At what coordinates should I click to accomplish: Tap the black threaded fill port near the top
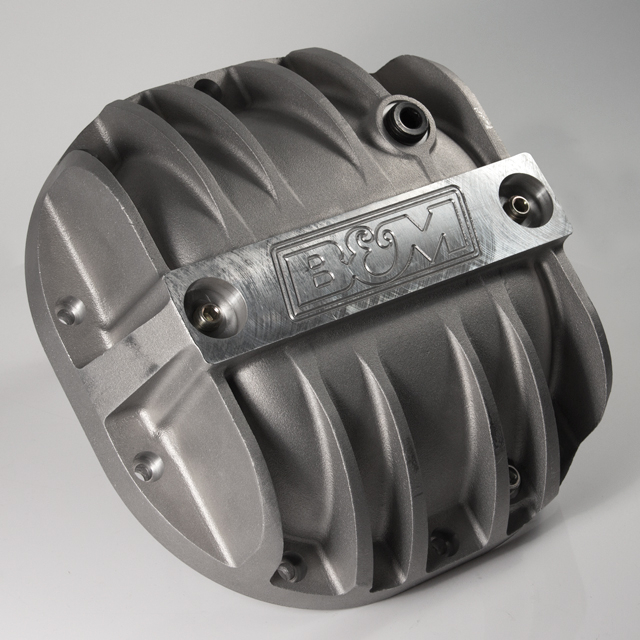click(x=407, y=118)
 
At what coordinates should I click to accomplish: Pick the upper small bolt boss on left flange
click(x=69, y=311)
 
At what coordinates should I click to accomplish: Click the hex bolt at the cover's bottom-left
click(x=288, y=568)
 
